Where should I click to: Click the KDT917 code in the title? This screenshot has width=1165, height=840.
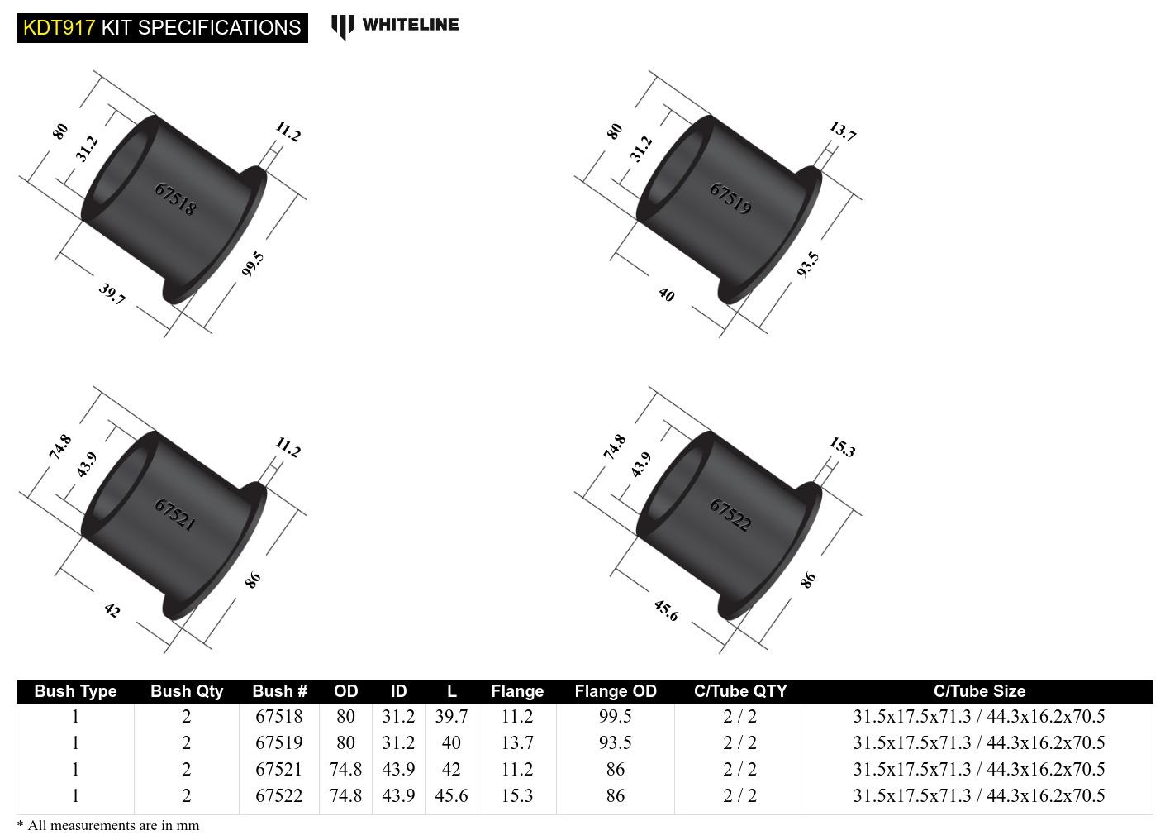(x=58, y=27)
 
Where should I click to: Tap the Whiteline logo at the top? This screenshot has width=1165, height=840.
(x=395, y=26)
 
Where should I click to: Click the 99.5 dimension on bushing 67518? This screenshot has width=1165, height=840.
(x=254, y=265)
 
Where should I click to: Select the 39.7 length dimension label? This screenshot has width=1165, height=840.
(x=112, y=294)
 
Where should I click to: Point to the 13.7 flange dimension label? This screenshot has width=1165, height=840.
(x=842, y=131)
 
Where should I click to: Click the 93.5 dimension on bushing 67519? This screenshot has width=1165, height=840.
(x=809, y=265)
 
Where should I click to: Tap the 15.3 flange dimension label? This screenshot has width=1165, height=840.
(x=842, y=448)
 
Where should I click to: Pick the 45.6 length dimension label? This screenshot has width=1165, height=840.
(x=666, y=611)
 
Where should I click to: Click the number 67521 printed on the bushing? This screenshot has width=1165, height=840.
(x=175, y=514)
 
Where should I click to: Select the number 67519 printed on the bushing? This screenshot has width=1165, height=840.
(x=730, y=198)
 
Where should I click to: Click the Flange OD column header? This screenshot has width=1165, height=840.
(x=616, y=691)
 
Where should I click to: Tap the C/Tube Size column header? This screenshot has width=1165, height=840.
(x=979, y=691)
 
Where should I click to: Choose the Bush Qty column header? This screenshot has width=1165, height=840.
(x=187, y=691)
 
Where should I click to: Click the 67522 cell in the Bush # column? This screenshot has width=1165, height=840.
(x=279, y=795)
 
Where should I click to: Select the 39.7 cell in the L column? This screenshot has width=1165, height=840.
(x=451, y=717)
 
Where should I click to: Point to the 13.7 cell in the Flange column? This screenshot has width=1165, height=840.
(x=517, y=743)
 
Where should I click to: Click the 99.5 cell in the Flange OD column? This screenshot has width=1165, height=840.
(x=616, y=717)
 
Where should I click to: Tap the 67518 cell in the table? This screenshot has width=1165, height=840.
(x=279, y=717)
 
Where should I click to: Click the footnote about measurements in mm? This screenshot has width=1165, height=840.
(x=108, y=825)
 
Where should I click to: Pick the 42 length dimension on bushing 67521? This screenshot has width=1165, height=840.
(x=112, y=611)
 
